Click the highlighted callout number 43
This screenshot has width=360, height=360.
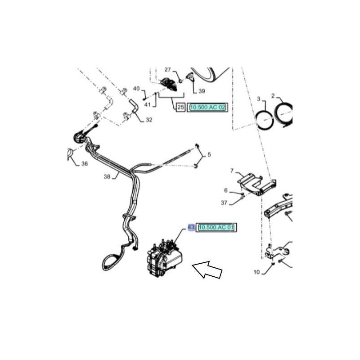pyautogui.click(x=191, y=227)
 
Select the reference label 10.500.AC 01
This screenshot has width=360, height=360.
pyautogui.click(x=216, y=228)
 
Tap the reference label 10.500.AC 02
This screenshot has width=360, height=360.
pyautogui.click(x=207, y=107)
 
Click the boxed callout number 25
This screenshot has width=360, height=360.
pyautogui.click(x=181, y=107)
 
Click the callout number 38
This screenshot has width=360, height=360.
pyautogui.click(x=107, y=176)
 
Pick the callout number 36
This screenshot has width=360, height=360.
pyautogui.click(x=85, y=163)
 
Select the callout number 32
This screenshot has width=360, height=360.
pyautogui.click(x=149, y=120)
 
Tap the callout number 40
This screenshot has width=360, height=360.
pyautogui.click(x=136, y=88)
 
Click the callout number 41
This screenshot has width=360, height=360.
pyautogui.click(x=148, y=105)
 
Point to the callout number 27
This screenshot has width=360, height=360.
pyautogui.click(x=168, y=69)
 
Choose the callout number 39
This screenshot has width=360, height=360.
pyautogui.click(x=202, y=91)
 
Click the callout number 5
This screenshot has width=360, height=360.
pyautogui.click(x=209, y=154)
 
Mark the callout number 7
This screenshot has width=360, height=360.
pyautogui.click(x=232, y=171)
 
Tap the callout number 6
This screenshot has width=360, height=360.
pyautogui.click(x=226, y=190)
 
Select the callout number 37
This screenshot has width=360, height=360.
pyautogui.click(x=224, y=202)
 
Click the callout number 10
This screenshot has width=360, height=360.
pyautogui.click(x=256, y=272)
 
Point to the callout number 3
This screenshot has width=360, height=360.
pyautogui.click(x=259, y=99)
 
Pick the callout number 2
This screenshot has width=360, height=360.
pyautogui.click(x=273, y=96)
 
